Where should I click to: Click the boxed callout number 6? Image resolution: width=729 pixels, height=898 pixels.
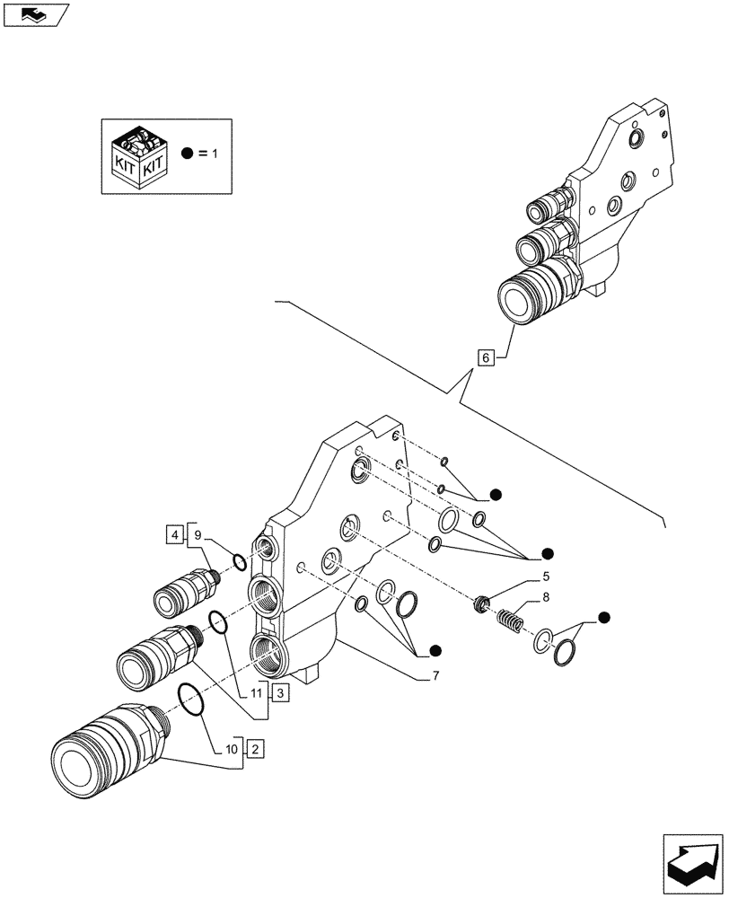coord(486,358)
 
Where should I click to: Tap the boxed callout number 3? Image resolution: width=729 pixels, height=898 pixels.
coord(280,692)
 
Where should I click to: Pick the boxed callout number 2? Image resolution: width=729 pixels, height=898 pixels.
coord(255,748)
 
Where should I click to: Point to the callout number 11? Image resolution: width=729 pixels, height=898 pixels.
coord(258,692)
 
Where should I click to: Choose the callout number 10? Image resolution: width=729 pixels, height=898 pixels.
coord(231,748)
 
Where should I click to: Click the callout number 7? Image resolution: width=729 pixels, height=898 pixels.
coord(435,676)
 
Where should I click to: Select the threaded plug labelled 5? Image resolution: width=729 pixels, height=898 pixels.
coord(486,605)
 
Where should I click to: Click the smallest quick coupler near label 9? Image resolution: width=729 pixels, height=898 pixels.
coord(186,594)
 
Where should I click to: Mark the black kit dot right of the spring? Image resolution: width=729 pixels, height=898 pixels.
coord(604,617)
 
